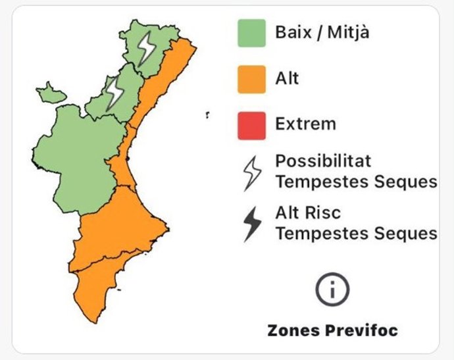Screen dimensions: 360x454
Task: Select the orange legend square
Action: (x=251, y=79)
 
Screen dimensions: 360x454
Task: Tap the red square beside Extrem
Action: (x=251, y=125)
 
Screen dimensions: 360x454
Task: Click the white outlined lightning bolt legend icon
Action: (x=252, y=173)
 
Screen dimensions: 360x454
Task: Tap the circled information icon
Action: (x=332, y=290)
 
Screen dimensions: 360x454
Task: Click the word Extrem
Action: (x=305, y=123)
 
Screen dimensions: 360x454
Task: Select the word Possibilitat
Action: (x=323, y=161)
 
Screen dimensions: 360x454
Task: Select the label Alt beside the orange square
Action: (x=287, y=78)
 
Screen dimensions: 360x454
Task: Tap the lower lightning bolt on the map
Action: (x=115, y=91)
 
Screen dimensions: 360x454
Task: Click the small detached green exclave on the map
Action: (x=51, y=93)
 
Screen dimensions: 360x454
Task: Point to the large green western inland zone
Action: (x=72, y=158)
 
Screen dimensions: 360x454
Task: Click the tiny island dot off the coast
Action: (x=207, y=116)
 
